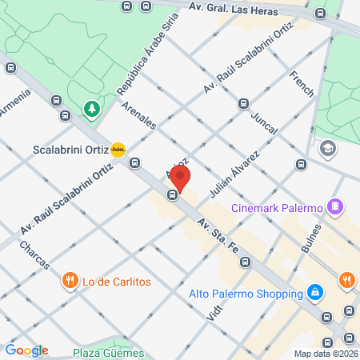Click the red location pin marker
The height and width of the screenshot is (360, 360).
pyautogui.click(x=181, y=178)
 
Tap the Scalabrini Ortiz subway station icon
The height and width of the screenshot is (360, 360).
pyautogui.click(x=118, y=149)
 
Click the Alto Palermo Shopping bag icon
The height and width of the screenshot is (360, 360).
pyautogui.click(x=317, y=292)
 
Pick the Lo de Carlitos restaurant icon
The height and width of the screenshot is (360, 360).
pyautogui.click(x=70, y=281)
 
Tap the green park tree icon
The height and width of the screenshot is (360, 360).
pyautogui.click(x=92, y=107)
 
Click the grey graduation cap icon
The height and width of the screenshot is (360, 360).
pyautogui.click(x=326, y=148)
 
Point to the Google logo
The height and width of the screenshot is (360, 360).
pyautogui.click(x=26, y=350)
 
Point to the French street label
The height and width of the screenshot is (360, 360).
pyautogui.click(x=302, y=82)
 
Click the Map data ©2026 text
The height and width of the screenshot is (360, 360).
pyautogui.click(x=325, y=354)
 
